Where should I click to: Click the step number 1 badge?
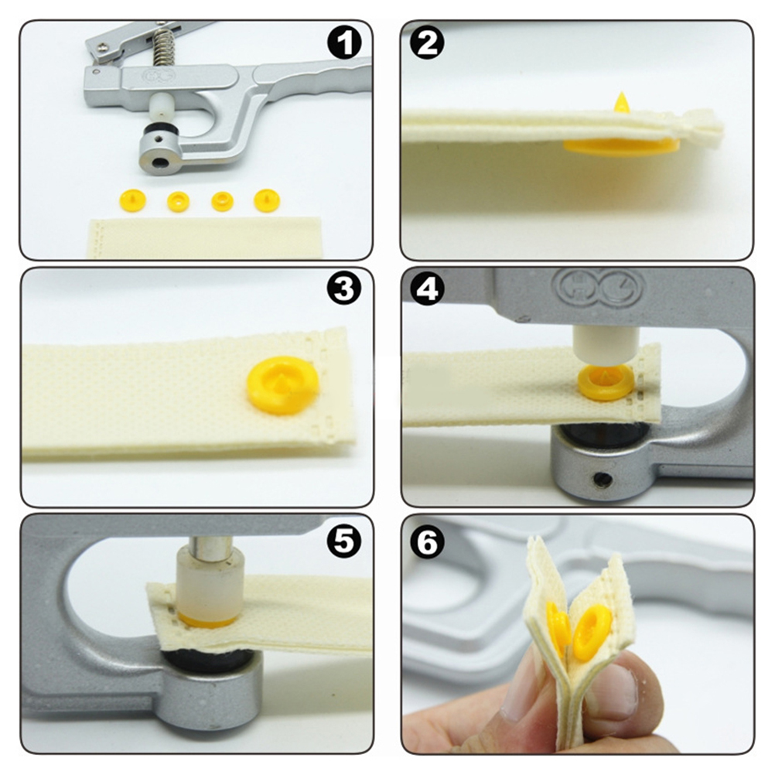[344, 43]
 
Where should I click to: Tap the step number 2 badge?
[428, 43]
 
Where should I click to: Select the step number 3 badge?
[344, 290]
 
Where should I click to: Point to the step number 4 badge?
[428, 290]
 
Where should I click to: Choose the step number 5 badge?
[344, 541]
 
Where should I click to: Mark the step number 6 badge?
[428, 541]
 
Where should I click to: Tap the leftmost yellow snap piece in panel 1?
[133, 200]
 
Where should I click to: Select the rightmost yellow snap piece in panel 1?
[267, 200]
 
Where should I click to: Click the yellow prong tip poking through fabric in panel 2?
[620, 102]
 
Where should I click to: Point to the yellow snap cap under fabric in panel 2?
[621, 147]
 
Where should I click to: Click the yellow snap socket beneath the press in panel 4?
[605, 381]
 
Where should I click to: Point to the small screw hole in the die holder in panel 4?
[601, 479]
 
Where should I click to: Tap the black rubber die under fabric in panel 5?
[211, 661]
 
